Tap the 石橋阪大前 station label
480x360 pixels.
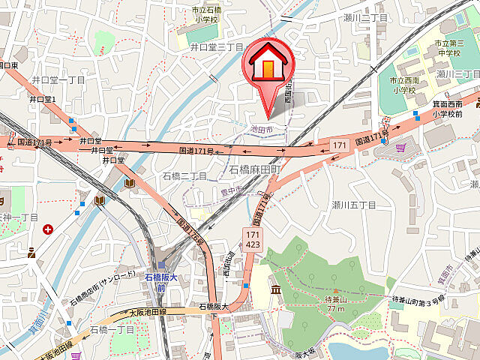[158, 281]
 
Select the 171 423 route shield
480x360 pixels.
[253, 240]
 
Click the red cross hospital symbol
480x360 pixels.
[48, 229]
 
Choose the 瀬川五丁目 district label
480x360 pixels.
[353, 204]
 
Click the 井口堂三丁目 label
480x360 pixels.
[217, 46]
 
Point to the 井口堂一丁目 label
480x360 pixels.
[58, 79]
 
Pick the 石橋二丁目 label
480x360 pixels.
[184, 175]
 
